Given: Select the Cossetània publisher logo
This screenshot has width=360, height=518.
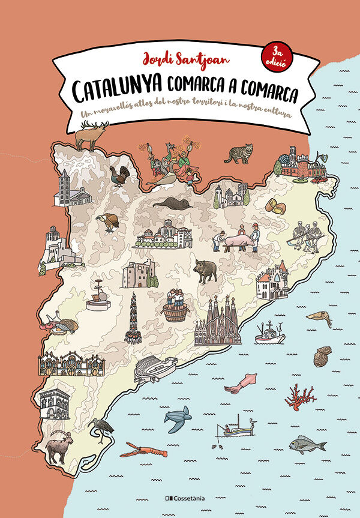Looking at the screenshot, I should click(179, 498).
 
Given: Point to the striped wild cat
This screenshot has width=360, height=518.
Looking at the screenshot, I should click(239, 154).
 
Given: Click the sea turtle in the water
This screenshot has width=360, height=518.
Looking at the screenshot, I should click(178, 418).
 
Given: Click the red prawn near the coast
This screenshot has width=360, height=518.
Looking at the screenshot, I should click(143, 448).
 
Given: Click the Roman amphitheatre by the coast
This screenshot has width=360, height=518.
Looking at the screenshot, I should click(155, 368).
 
